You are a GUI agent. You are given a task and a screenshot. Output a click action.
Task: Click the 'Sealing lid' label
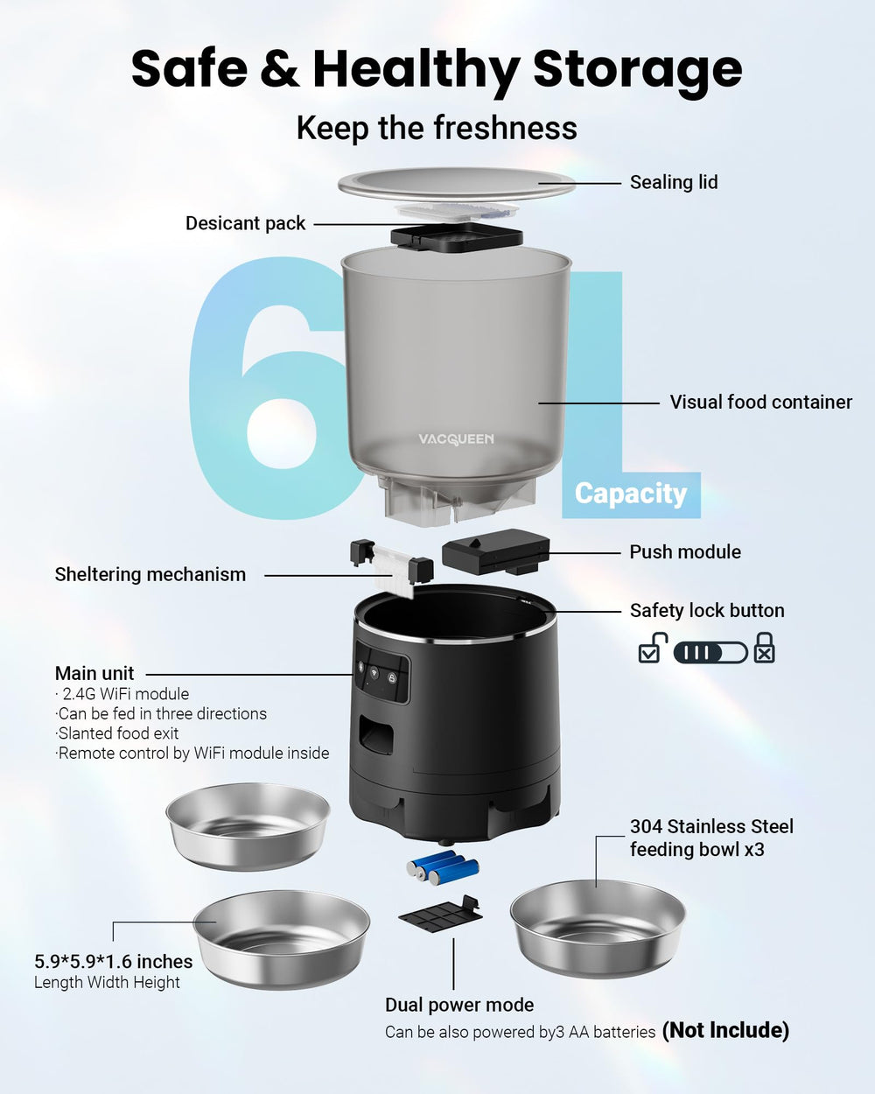point(674,182)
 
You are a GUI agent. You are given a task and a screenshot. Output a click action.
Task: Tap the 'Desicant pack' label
point(245,223)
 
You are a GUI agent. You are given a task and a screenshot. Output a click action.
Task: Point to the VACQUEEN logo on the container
point(456,438)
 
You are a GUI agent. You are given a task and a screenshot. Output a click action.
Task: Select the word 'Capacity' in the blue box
point(631,494)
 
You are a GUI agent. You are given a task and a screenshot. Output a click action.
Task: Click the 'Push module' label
point(685,551)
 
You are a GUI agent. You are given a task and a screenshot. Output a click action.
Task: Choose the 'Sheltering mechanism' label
point(150,574)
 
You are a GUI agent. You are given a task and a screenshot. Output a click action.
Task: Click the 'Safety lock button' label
point(707,611)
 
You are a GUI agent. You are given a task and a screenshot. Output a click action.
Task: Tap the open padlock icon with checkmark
point(652,648)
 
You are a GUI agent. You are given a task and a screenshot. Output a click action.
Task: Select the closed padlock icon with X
point(765,649)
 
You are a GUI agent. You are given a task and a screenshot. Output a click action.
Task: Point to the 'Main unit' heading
point(94,673)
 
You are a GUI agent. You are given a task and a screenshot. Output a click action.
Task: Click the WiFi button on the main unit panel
point(374,672)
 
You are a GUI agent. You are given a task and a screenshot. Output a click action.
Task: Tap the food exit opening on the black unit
point(376,735)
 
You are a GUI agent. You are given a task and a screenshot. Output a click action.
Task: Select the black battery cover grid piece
point(441,915)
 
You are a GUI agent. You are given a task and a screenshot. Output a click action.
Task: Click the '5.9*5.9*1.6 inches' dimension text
point(114,962)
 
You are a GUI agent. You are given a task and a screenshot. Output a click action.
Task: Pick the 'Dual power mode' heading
point(459,1005)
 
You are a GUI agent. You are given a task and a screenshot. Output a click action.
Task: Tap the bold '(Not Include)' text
point(725,1030)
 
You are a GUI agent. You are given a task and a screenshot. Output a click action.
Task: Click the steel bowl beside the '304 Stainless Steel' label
point(598,929)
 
